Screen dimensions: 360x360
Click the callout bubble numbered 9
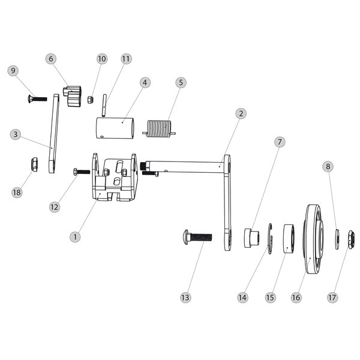(13, 71)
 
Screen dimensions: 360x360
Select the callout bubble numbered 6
(51, 59)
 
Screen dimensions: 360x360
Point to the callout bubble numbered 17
(331, 297)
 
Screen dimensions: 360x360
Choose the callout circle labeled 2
(240, 113)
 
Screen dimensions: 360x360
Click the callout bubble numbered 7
(280, 142)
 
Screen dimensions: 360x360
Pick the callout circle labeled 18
(17, 192)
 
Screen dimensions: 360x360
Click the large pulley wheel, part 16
(314, 239)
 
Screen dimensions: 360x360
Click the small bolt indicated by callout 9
(37, 98)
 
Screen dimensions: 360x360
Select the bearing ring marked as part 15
(288, 238)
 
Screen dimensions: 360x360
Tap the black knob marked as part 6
(73, 98)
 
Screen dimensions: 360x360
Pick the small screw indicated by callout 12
(81, 172)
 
